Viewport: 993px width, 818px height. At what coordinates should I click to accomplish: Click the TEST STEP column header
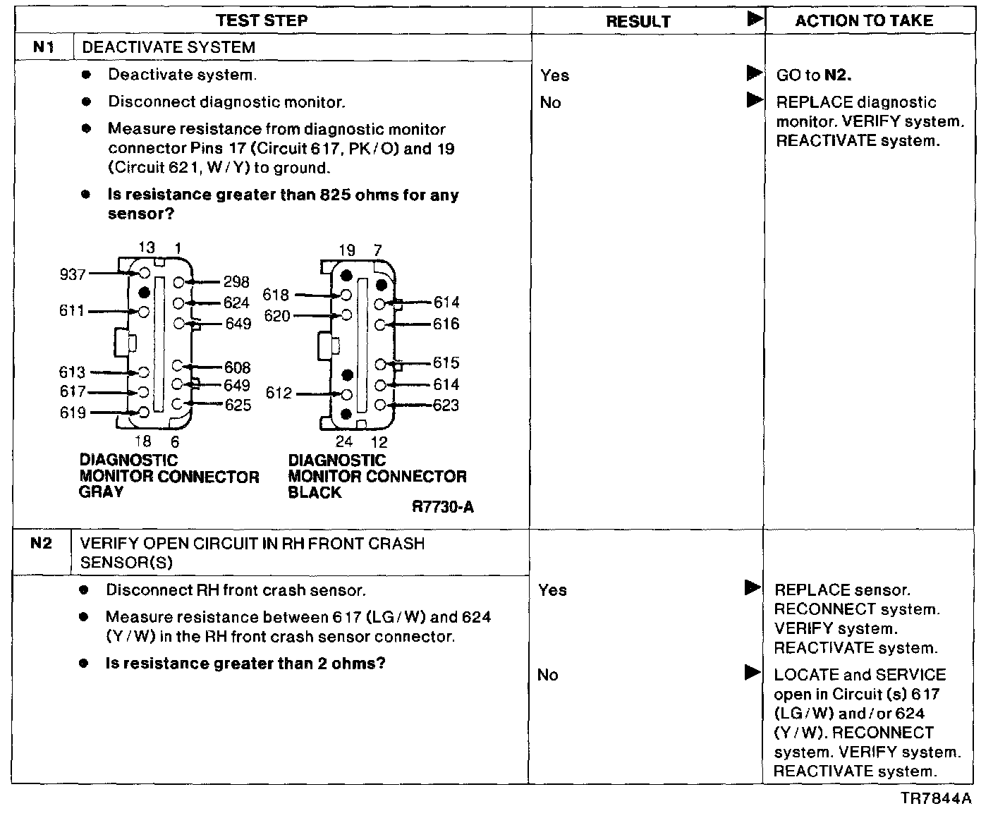click(262, 20)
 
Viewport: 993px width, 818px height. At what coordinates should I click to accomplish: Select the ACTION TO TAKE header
click(864, 21)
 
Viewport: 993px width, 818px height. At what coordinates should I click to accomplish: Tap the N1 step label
click(44, 48)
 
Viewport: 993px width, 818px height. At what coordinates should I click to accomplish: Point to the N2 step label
click(42, 544)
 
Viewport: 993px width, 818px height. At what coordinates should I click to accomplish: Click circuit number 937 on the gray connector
click(72, 274)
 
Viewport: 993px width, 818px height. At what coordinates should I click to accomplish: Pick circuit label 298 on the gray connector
click(236, 282)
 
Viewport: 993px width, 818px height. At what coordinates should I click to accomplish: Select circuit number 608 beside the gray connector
click(238, 367)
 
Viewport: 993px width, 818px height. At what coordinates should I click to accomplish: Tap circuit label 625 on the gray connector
click(238, 405)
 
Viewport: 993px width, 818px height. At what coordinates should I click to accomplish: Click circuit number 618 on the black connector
click(276, 295)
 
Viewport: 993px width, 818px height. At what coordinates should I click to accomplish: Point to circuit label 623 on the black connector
click(446, 405)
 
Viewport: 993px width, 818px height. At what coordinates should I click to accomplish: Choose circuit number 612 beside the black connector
click(279, 393)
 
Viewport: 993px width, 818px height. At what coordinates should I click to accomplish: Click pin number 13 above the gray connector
click(146, 248)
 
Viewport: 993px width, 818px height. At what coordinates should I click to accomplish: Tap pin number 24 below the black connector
click(343, 442)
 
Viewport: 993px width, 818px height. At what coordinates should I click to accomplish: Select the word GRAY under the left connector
click(101, 492)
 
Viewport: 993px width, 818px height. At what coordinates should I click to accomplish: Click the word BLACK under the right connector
click(315, 492)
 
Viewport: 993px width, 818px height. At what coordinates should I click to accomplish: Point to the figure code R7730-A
click(443, 507)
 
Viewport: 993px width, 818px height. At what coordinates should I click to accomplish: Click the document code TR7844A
click(936, 798)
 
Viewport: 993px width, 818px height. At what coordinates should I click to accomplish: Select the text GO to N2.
click(814, 75)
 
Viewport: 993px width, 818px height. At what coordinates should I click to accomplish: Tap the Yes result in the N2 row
click(552, 590)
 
